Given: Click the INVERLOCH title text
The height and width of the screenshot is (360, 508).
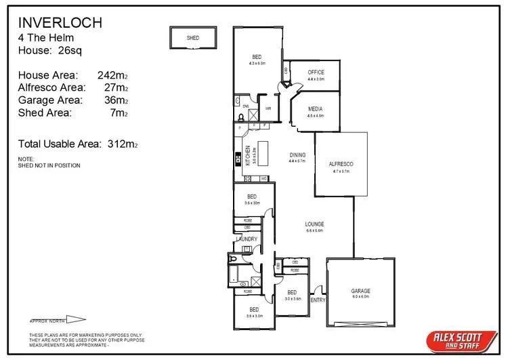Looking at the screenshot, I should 60,22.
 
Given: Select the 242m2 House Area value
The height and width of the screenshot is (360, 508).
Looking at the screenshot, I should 112,75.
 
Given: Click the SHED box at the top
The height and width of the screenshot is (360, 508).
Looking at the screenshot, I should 193,39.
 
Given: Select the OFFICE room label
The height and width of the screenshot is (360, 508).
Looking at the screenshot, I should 316,73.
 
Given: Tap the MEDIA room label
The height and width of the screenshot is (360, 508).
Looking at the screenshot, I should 315,109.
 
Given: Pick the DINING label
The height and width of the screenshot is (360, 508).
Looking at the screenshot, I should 297,155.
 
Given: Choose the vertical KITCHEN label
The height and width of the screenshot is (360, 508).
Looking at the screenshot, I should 248,157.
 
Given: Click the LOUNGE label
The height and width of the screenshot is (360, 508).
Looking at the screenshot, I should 314,224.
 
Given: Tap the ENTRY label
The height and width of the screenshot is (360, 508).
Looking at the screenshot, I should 317,300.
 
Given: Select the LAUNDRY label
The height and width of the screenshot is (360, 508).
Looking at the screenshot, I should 247,239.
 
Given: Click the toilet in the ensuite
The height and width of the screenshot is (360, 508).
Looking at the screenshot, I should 242,117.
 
